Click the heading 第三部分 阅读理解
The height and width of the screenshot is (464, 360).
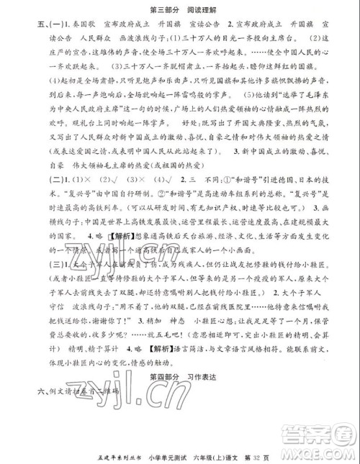point(180,9)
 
